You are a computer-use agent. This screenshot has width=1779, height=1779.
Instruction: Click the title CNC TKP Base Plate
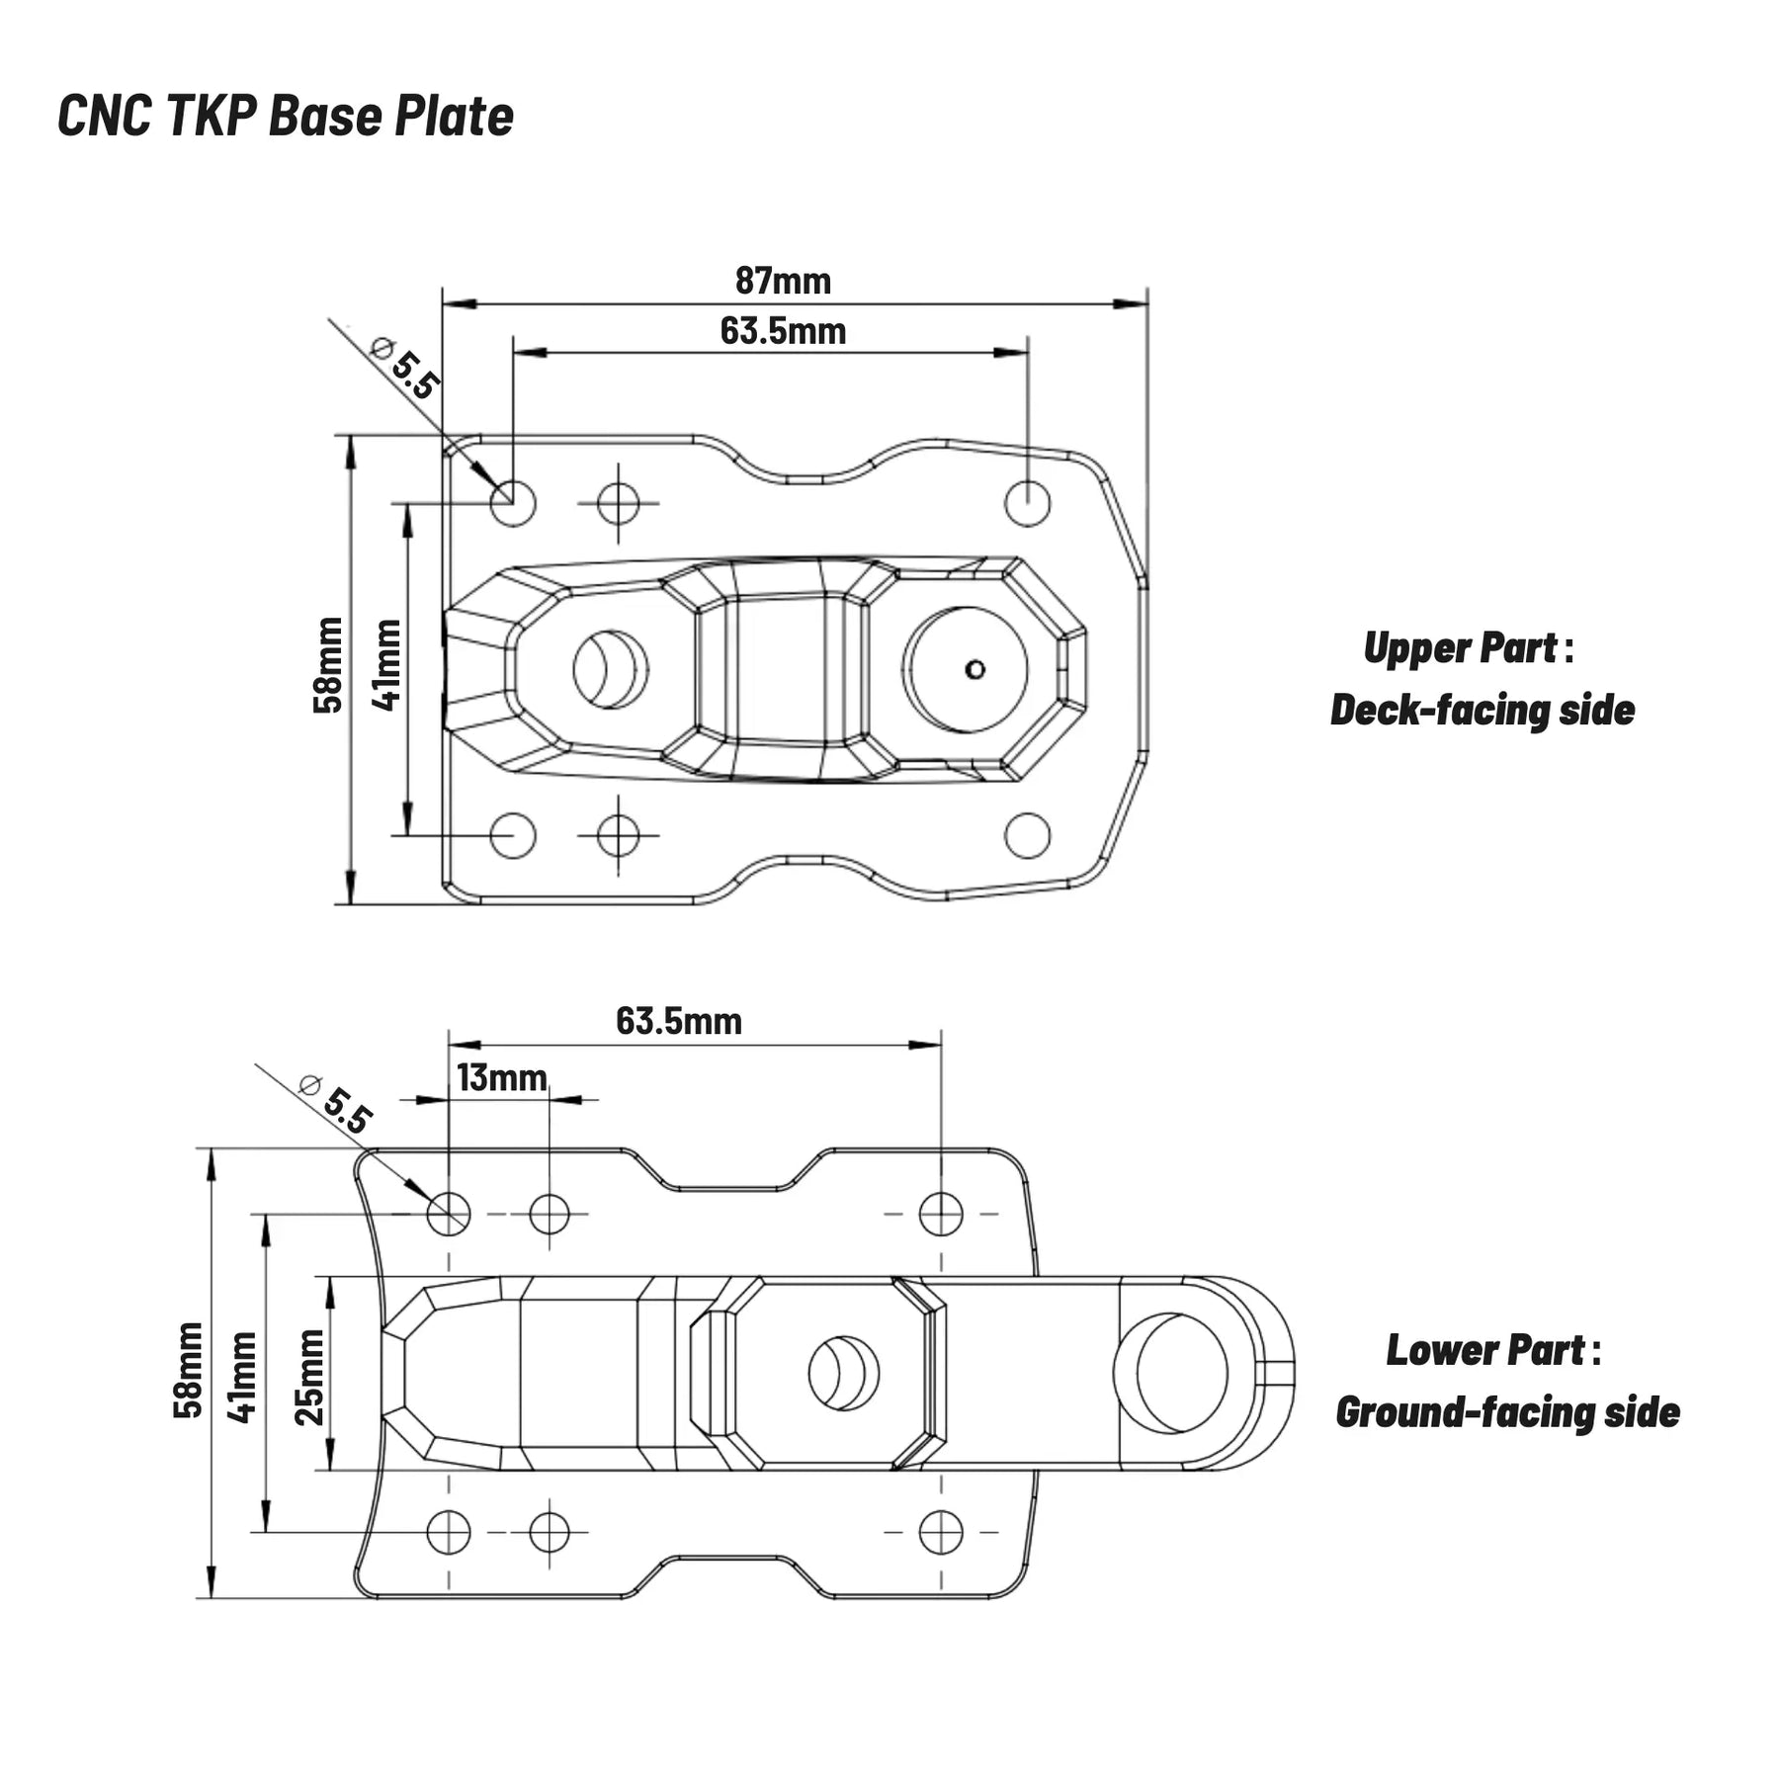(x=286, y=116)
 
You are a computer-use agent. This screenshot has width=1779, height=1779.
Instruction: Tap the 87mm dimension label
(x=783, y=282)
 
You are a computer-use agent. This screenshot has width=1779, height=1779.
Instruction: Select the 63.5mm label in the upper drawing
(x=783, y=331)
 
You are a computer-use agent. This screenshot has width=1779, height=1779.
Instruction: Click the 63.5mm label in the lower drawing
(x=678, y=1021)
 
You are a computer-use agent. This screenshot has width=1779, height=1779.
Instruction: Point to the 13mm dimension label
(x=501, y=1077)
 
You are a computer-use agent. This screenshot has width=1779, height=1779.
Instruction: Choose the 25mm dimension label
(x=310, y=1376)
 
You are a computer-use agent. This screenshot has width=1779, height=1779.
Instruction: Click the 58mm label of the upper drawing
(x=328, y=664)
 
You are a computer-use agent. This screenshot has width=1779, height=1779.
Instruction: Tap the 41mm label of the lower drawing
(x=242, y=1376)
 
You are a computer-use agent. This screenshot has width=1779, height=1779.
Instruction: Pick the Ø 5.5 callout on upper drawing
(x=403, y=368)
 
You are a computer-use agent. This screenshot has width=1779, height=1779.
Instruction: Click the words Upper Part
(x=1460, y=648)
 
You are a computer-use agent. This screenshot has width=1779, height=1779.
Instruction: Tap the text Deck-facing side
(x=1482, y=711)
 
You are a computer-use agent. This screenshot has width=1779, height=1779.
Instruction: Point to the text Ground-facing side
(x=1507, y=1412)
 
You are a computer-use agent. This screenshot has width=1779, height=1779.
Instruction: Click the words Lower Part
(x=1484, y=1350)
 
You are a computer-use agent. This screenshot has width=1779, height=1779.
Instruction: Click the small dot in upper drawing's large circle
(x=974, y=670)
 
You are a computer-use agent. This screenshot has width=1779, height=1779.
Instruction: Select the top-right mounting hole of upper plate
(x=1027, y=503)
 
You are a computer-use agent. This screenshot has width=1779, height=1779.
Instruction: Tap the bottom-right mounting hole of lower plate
(x=940, y=1532)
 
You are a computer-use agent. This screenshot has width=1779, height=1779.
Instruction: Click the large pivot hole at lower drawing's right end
(x=1171, y=1373)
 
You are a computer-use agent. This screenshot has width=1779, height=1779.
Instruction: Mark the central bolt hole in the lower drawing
(x=843, y=1373)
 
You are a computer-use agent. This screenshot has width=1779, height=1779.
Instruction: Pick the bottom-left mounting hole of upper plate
(x=513, y=835)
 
